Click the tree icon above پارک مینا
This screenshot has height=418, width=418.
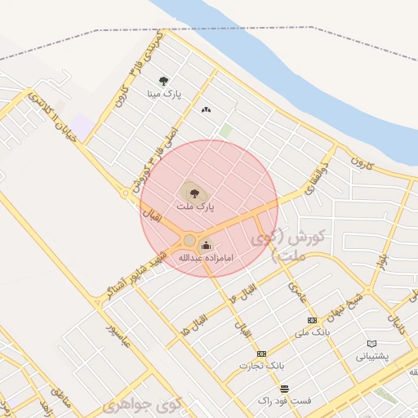(164, 81)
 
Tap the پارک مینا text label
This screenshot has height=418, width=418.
(163, 95)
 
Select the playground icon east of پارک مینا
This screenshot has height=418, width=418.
(205, 109)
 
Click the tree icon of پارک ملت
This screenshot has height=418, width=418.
(194, 193)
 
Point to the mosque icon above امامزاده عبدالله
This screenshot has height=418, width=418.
(206, 243)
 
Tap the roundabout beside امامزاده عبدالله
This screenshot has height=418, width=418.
(189, 240)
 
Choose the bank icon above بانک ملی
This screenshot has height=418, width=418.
(311, 320)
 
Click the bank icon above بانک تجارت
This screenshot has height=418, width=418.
(261, 354)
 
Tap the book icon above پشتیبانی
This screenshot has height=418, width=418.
(372, 344)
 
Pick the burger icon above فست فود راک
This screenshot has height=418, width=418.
(283, 389)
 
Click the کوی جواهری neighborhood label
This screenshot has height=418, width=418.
(142, 404)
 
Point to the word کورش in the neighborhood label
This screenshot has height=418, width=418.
(309, 236)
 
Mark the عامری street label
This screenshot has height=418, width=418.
(296, 286)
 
